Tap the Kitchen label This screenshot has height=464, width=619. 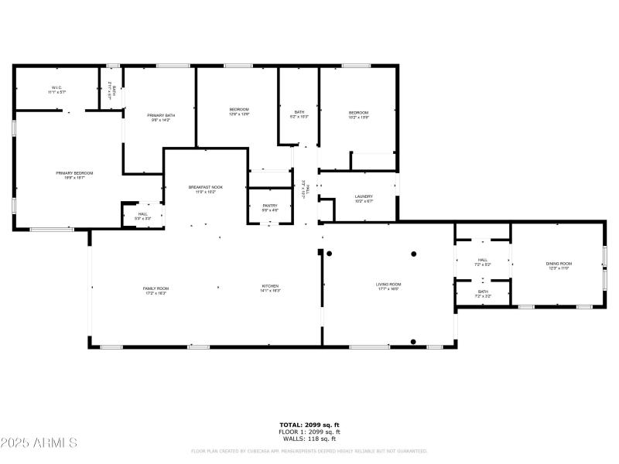click(270, 288)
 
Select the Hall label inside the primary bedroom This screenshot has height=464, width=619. click(143, 217)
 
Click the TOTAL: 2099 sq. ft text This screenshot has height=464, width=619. click(309, 425)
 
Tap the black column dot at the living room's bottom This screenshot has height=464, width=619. click(414, 342)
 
